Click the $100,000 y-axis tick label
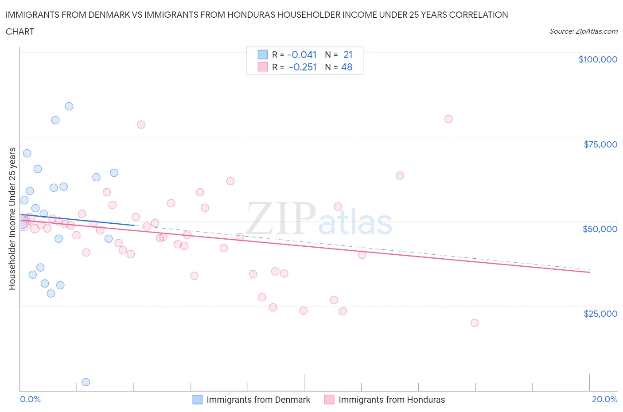point(598,59)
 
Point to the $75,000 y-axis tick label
point(600,144)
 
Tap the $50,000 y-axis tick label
point(600,229)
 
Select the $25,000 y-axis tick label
point(600,314)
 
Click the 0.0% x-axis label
point(30,399)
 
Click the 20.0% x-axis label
point(604,399)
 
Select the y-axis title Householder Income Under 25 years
point(12,218)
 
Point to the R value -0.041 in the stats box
point(302,54)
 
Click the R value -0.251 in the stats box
point(303,67)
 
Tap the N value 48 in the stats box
point(347,67)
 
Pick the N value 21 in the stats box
point(348,54)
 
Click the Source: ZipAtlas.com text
point(583,31)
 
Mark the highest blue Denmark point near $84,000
point(69,106)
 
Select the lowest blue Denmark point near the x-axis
point(86,382)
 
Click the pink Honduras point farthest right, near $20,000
point(475,323)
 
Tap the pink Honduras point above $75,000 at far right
point(448,119)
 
